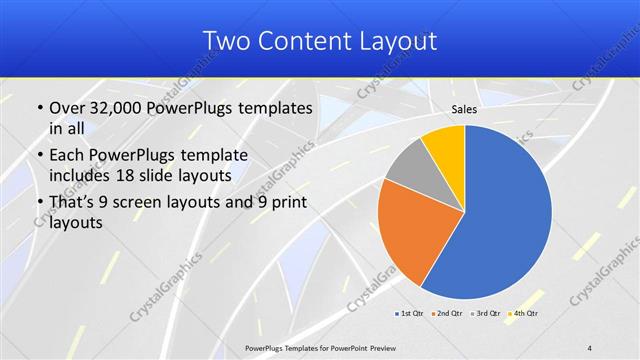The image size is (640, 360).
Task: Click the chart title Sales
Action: [463, 109]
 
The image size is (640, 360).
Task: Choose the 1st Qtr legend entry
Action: [409, 313]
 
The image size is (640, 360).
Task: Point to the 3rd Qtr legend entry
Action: [486, 313]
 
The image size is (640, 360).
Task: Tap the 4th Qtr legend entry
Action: [524, 313]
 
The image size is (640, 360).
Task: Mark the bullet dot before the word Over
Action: [39, 108]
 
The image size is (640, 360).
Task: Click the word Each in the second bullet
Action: [67, 155]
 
